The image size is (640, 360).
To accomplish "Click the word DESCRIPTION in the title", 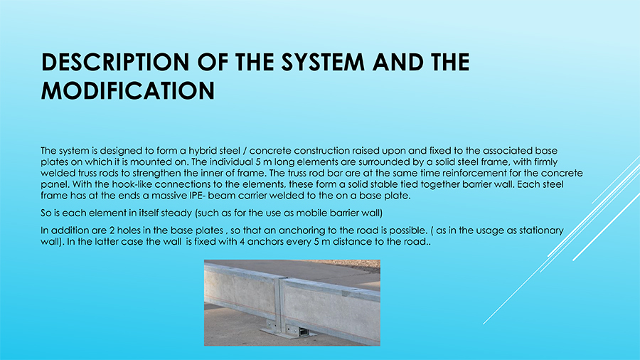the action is (115, 62).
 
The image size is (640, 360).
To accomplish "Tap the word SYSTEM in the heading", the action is (323, 62).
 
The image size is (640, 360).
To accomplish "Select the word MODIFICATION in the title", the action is (128, 90).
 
